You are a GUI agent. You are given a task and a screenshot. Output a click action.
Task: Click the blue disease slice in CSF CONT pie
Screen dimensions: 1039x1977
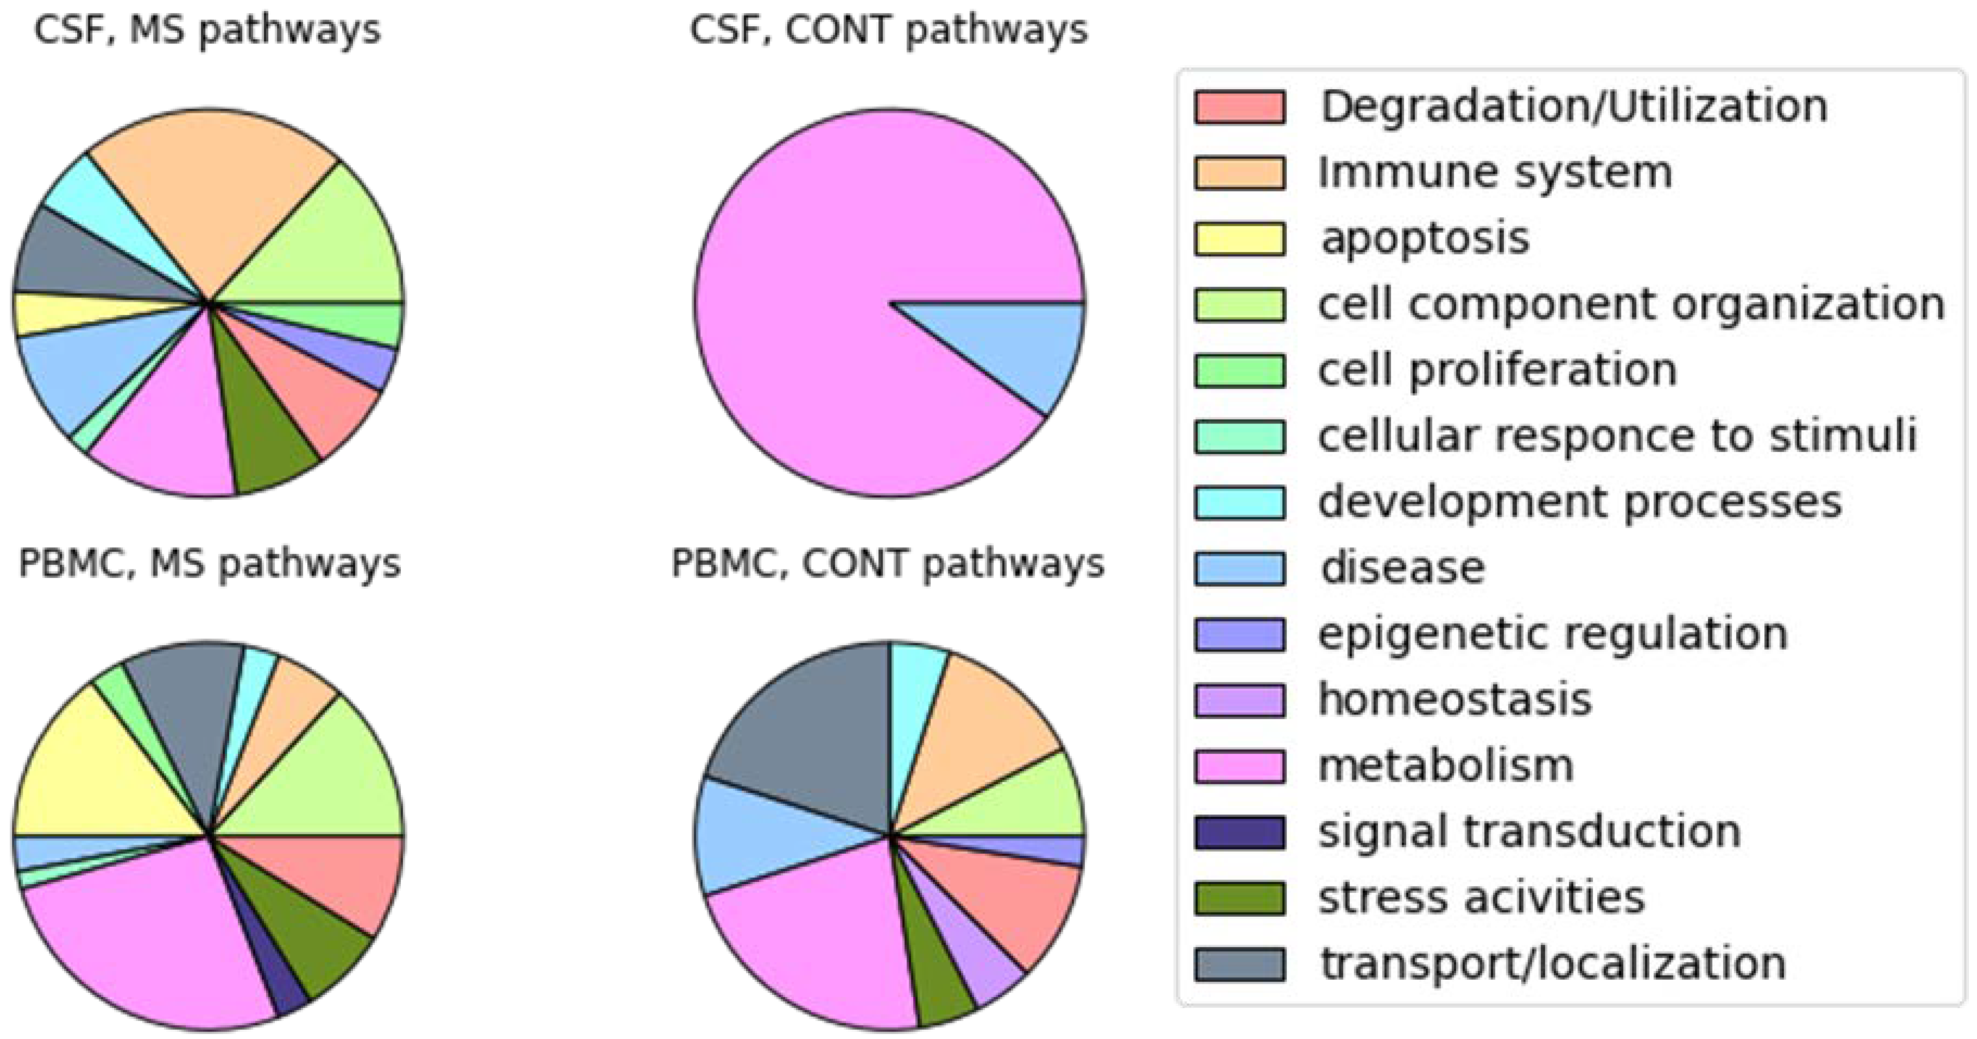(x=1029, y=345)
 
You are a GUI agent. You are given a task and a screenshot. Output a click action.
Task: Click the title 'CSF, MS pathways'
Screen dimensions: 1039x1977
(x=207, y=31)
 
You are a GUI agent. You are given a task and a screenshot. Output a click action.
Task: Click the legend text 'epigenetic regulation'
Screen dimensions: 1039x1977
(x=1553, y=634)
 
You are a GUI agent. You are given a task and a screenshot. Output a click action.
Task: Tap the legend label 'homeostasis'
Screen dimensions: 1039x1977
(x=1454, y=700)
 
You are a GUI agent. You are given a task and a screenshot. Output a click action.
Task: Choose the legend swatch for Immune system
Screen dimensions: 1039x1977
(x=1239, y=173)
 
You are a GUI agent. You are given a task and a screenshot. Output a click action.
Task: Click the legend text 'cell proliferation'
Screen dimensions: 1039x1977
(x=1497, y=370)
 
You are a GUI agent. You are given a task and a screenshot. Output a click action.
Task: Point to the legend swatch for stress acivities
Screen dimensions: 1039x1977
(x=1239, y=898)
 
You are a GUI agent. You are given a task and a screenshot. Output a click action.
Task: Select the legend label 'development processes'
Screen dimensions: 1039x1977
(x=1580, y=502)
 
